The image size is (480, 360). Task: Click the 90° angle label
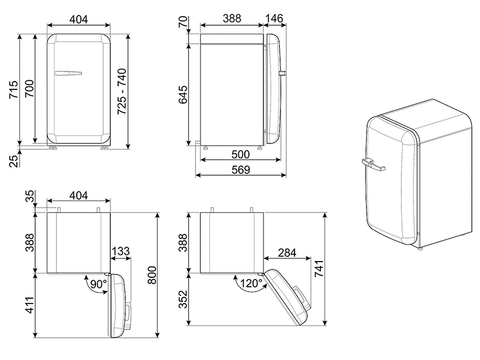tap(97, 283)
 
